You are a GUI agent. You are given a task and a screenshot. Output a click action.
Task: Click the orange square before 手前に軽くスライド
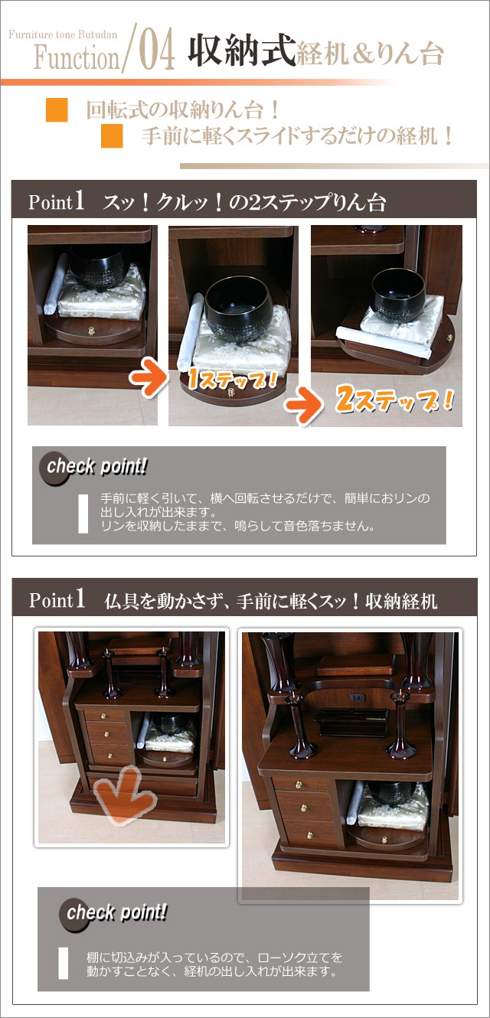[112, 136]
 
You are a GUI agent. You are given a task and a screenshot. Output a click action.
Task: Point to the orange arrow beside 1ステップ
[148, 376]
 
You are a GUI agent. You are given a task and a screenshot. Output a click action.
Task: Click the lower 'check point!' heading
[116, 912]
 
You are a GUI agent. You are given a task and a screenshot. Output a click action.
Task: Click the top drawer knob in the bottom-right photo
[301, 784]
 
